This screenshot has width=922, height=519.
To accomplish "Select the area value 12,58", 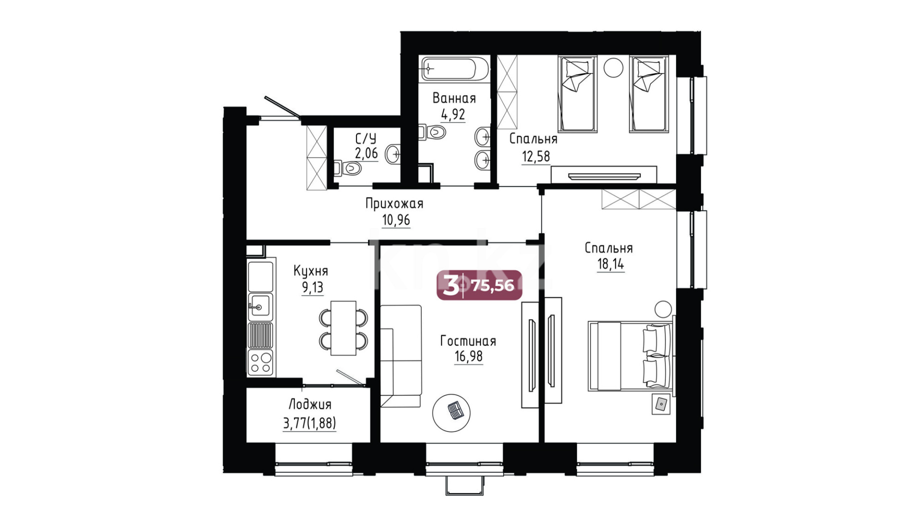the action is coord(536,157).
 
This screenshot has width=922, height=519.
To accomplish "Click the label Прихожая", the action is coord(394,204).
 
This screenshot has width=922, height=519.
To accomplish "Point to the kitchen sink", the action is coord(260,306).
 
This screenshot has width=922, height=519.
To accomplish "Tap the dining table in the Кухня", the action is coord(344,328).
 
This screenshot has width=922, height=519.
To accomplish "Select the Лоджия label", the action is coord(309,405).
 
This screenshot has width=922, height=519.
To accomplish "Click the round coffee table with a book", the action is coord(451,412).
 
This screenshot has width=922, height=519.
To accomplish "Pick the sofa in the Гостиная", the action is coord(401,356).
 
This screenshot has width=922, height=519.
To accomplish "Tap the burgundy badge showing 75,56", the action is coord(479,285).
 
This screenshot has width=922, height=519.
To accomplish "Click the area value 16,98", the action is coord(468,357).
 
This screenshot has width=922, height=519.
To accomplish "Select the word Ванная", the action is coord(454,99).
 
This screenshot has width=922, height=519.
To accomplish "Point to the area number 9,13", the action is coord(312,287).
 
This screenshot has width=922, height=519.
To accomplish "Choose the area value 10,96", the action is coord(396,220).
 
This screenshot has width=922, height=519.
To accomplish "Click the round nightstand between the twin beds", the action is coord(613,67).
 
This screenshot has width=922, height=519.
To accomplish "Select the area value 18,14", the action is coord(611,264).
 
